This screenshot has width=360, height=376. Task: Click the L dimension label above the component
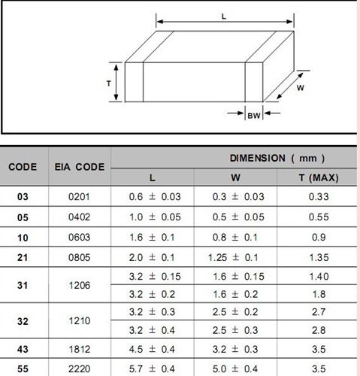[224, 17]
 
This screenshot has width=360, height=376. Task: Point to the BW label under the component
[254, 115]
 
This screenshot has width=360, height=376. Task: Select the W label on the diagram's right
[299, 87]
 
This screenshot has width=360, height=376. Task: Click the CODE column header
[23, 167]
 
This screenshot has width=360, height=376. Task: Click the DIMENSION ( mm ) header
[277, 158]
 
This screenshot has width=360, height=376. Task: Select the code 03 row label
[23, 197]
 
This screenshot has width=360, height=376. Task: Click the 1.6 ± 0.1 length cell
[156, 237]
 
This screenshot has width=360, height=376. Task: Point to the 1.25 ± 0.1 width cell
[235, 257]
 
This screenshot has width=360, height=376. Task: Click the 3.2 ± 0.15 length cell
[156, 276]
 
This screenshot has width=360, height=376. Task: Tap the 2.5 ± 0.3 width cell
[235, 329]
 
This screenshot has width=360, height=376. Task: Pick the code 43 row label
[23, 349]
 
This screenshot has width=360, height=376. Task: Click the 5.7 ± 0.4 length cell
[156, 368]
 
